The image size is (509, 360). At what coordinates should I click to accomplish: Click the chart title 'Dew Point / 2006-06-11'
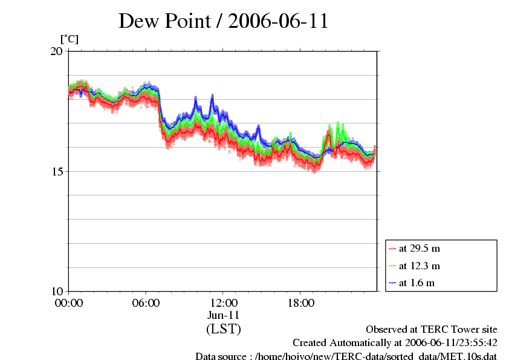click(223, 21)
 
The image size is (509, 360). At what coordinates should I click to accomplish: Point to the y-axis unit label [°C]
click(69, 39)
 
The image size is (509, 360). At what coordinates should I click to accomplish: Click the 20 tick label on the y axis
click(56, 51)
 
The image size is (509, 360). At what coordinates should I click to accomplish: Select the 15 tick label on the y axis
click(56, 171)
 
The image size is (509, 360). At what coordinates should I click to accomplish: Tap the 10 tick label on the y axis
click(56, 291)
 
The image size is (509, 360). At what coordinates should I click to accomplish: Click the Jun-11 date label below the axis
click(223, 315)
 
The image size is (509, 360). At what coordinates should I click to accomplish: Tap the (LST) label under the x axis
click(223, 329)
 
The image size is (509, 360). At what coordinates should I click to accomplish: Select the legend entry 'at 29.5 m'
click(419, 248)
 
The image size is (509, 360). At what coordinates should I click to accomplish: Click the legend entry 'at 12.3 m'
click(419, 266)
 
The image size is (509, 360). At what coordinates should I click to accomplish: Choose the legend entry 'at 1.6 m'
click(417, 283)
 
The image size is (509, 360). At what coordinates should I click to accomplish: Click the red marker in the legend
click(392, 248)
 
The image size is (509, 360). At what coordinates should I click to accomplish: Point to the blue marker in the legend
click(392, 283)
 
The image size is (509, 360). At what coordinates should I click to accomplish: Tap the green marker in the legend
click(392, 266)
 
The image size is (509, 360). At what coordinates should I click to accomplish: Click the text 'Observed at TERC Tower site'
click(432, 330)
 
